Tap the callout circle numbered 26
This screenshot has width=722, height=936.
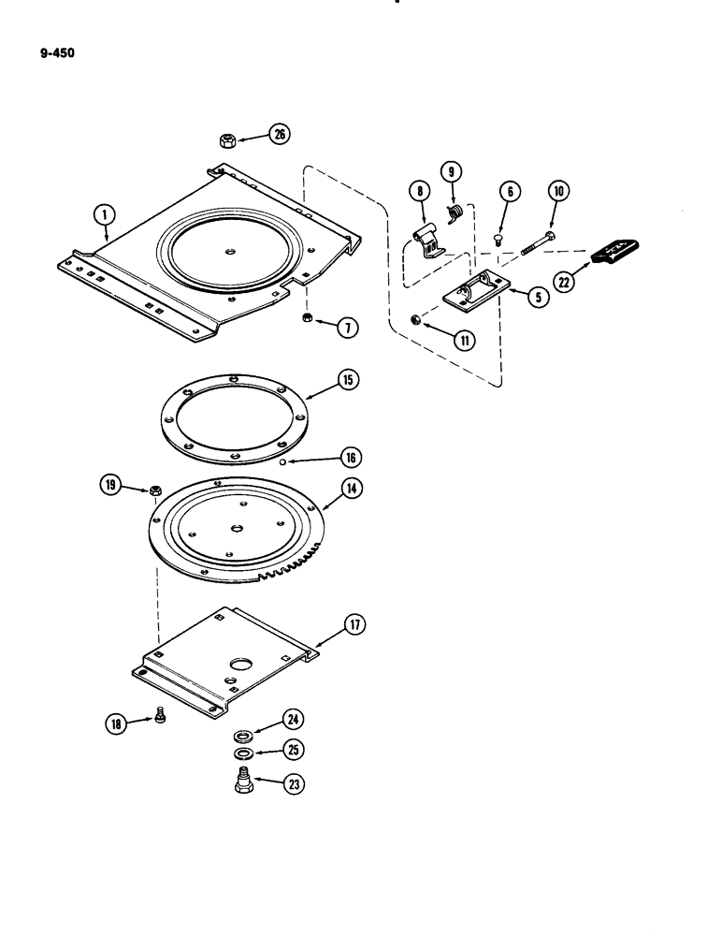coord(278,135)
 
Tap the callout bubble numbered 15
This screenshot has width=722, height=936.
coord(321,380)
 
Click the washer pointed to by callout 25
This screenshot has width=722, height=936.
coord(241,753)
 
